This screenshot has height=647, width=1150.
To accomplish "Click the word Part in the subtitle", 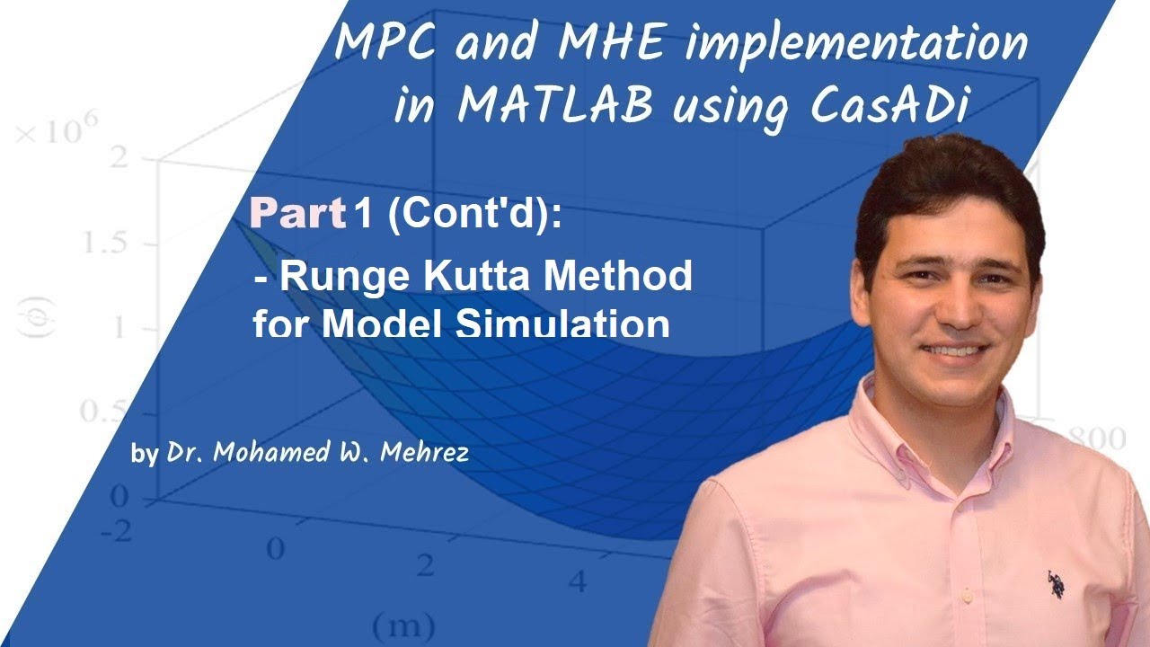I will click(x=298, y=214).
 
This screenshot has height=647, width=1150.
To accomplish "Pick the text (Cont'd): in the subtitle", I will click(x=473, y=216).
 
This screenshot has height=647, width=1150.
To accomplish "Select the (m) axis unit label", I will click(x=402, y=623).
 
